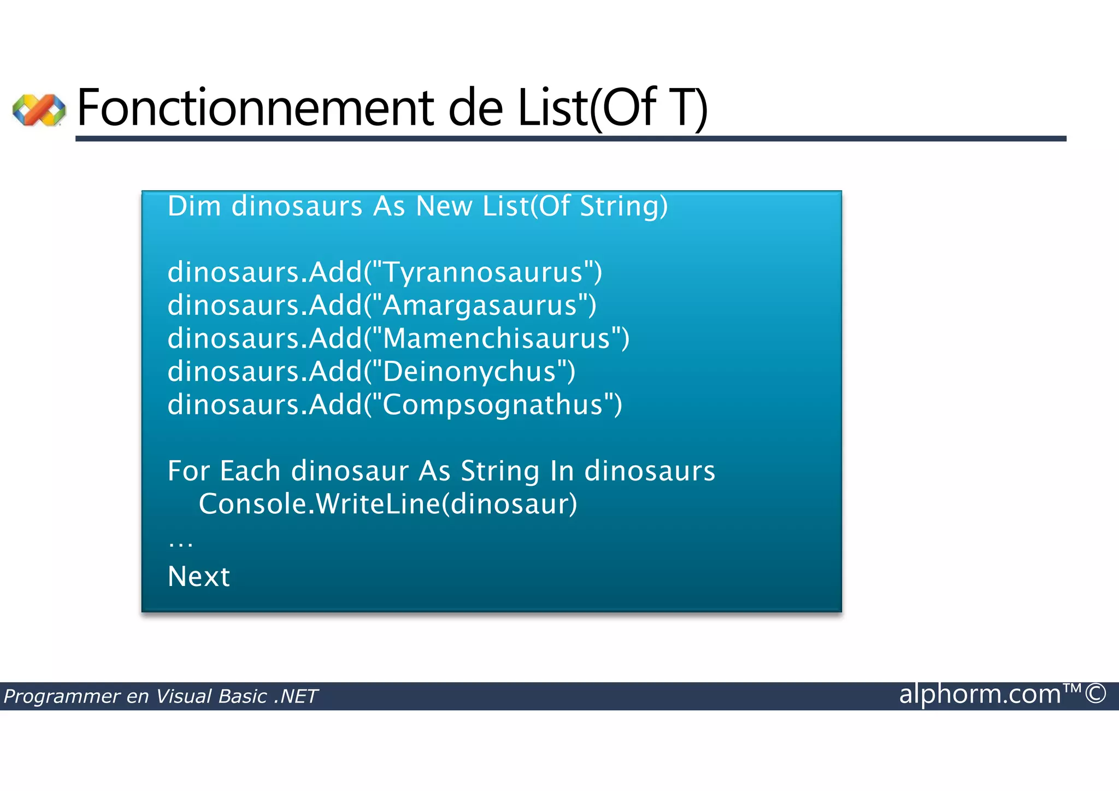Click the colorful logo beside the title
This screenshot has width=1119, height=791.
[39, 109]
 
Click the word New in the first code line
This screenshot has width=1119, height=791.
[444, 207]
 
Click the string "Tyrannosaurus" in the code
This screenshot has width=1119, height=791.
[483, 272]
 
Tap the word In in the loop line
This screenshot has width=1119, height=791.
[562, 471]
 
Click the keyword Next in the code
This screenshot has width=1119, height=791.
[199, 577]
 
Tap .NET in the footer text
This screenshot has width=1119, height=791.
[296, 696]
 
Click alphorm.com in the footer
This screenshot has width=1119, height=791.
[980, 694]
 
